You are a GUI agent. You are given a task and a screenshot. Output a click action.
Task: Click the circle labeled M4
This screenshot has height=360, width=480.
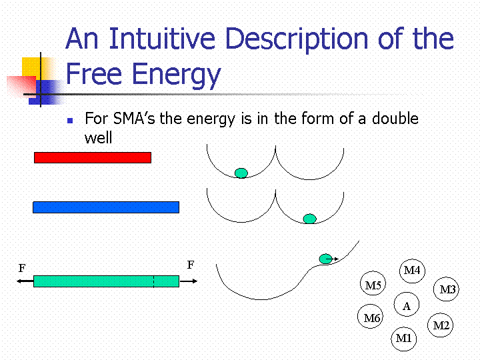point(412,271)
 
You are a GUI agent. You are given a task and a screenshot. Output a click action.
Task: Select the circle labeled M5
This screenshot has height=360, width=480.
point(373,283)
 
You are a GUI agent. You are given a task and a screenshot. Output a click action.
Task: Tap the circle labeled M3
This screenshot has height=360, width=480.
point(446,289)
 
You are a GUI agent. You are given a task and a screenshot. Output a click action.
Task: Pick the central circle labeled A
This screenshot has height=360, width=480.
point(407,304)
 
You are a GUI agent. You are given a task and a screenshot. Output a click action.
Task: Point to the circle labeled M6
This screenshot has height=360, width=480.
point(371,316)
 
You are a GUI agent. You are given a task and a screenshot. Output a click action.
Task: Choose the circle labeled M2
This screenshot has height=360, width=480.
point(440,325)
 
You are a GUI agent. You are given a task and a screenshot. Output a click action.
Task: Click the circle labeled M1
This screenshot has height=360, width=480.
point(404,339)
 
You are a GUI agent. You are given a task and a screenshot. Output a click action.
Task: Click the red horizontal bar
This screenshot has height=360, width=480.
point(93,157)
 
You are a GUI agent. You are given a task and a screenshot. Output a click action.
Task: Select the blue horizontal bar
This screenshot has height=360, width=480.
point(106,207)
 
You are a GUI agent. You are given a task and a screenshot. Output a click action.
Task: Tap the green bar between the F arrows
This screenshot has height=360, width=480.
point(106,281)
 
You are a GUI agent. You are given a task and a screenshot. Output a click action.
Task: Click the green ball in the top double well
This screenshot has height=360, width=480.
point(241,173)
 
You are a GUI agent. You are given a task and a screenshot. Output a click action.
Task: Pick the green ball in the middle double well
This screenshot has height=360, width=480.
point(309,219)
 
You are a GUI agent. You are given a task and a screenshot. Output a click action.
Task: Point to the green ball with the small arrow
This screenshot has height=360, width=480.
point(326,259)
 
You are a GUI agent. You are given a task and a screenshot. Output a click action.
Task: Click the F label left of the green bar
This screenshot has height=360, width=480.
point(22,268)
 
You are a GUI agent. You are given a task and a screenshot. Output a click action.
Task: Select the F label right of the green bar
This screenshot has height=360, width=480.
point(191,265)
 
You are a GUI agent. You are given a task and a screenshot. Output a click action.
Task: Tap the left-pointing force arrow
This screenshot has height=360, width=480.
point(25,281)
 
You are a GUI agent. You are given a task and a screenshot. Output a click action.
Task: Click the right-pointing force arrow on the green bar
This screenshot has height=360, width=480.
point(188,281)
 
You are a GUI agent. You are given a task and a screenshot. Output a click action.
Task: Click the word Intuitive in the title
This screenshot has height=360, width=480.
point(162,39)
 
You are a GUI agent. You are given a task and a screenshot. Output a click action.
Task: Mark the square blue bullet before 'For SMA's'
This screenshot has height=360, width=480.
point(70,121)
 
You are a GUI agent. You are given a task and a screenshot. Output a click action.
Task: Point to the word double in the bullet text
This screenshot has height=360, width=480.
point(395,118)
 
